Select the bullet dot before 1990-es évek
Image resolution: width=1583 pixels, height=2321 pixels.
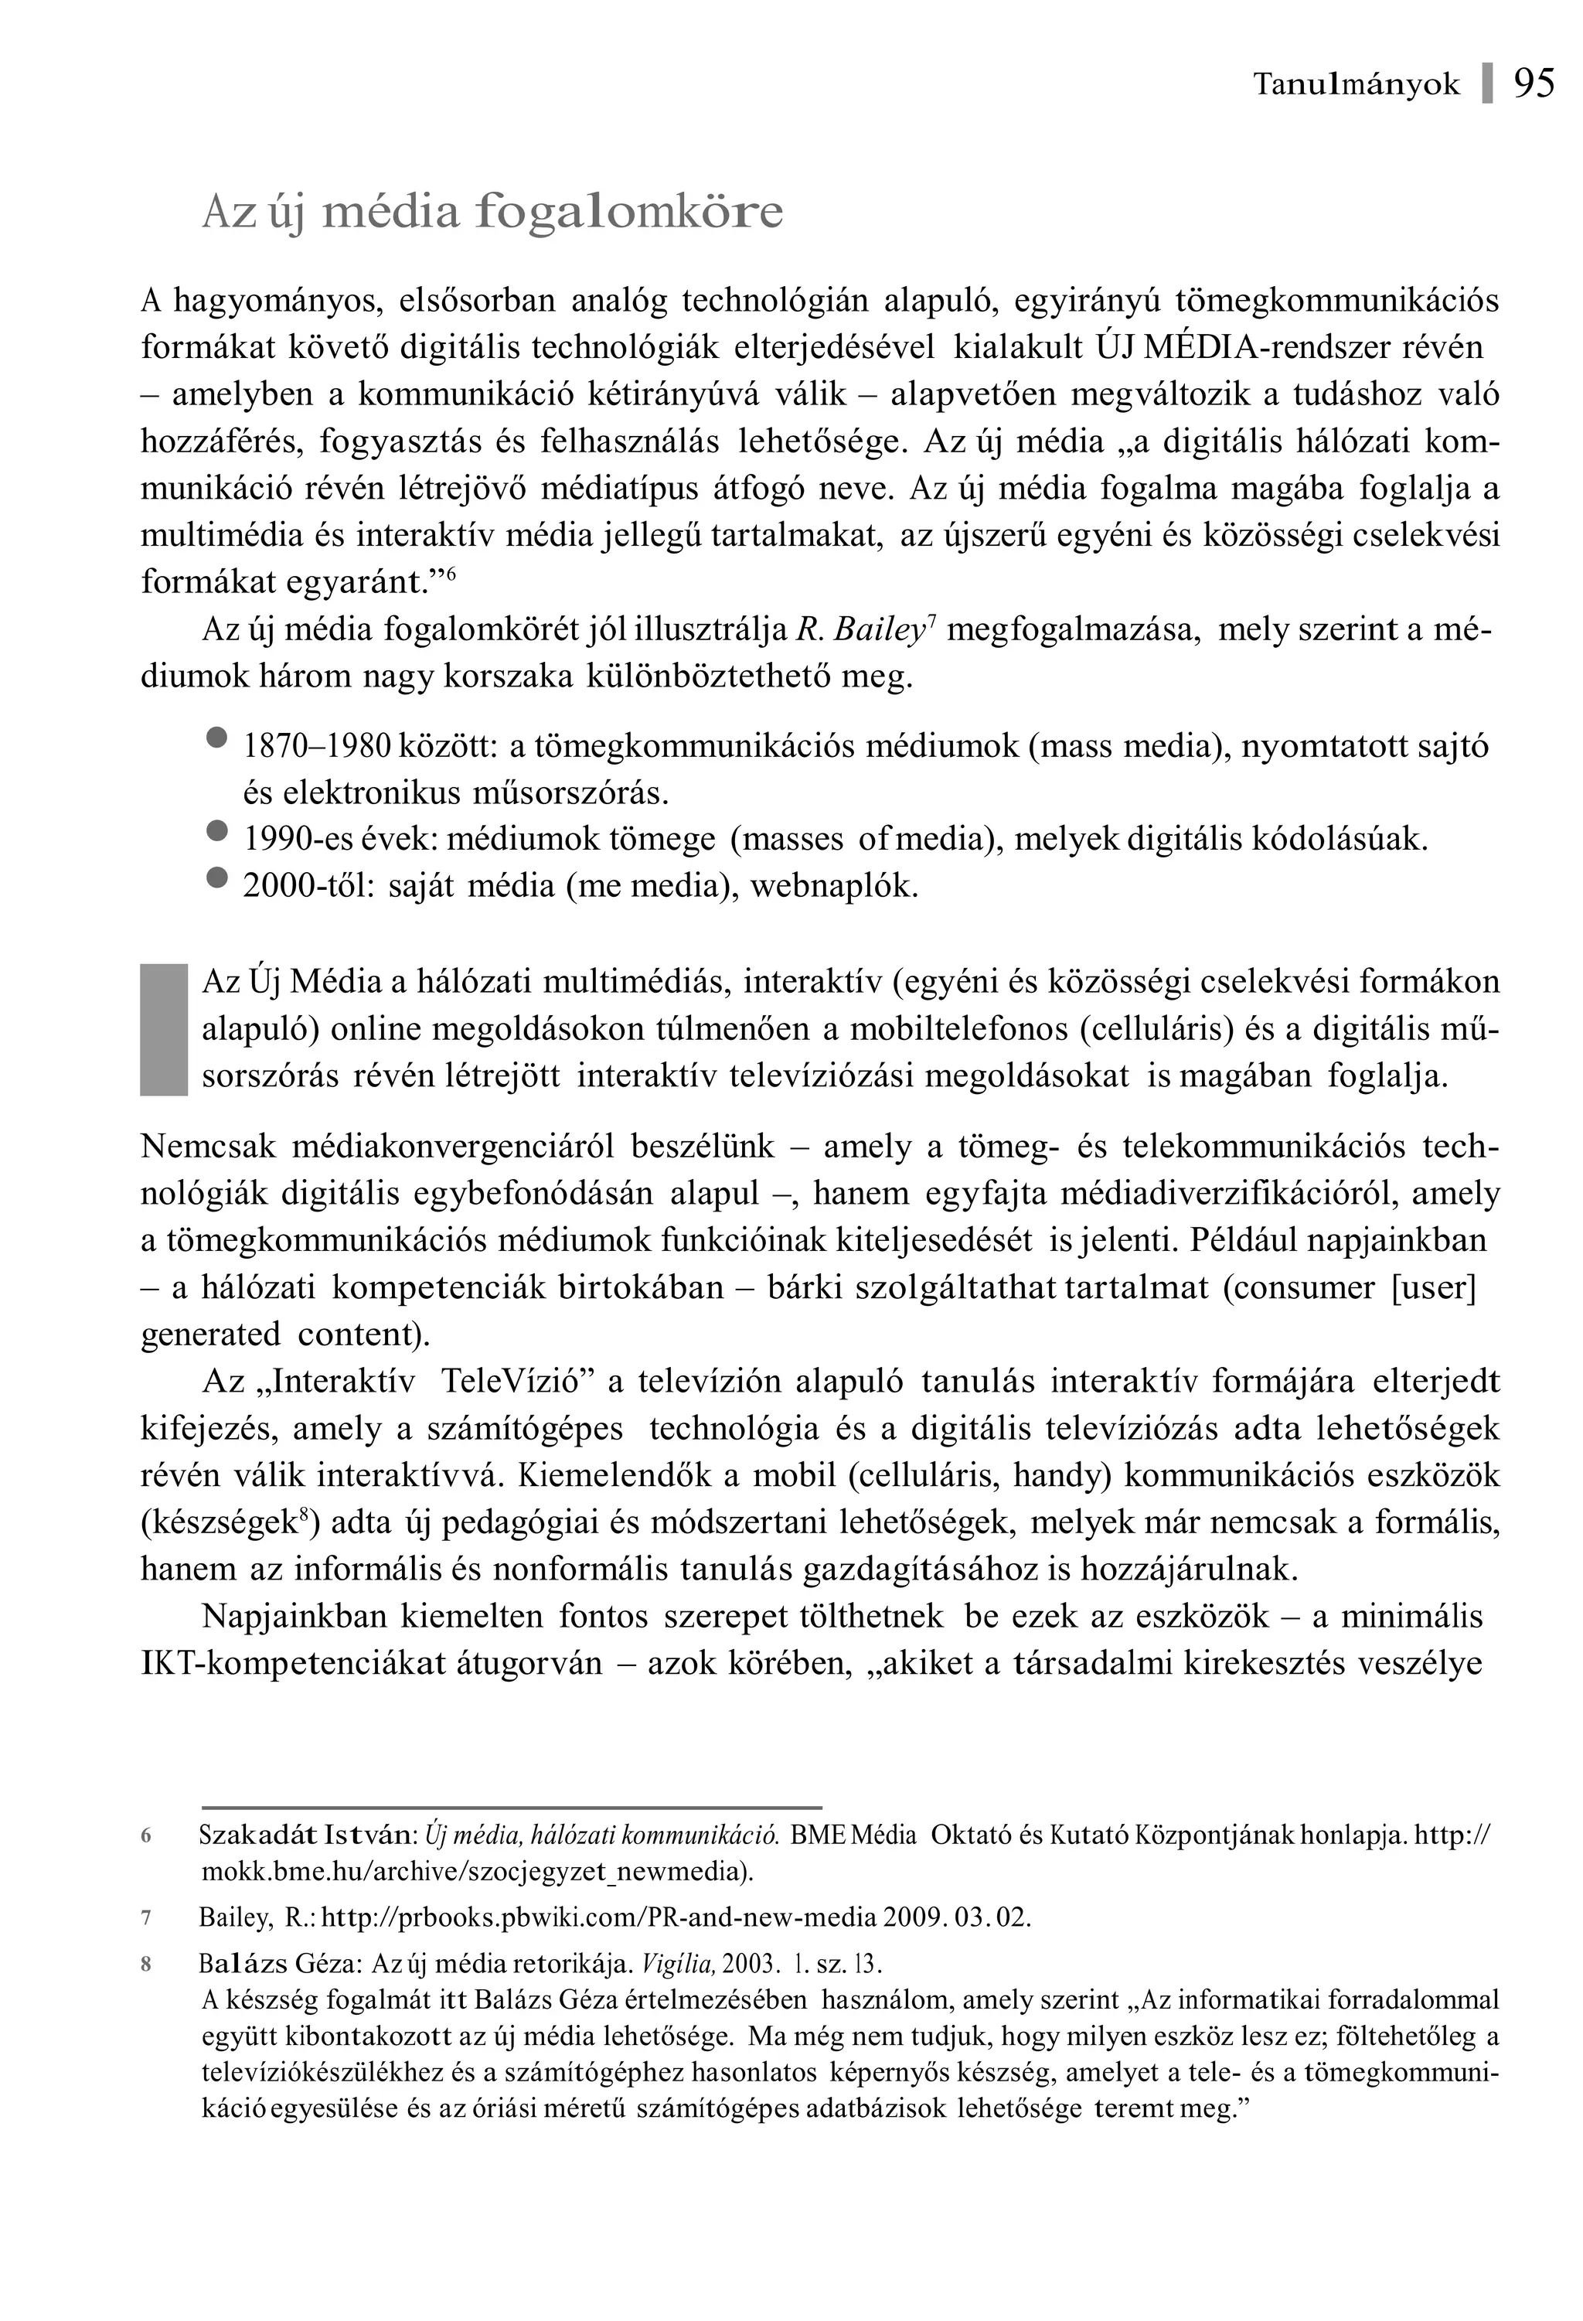click(x=216, y=831)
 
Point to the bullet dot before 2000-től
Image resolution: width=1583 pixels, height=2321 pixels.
click(x=216, y=878)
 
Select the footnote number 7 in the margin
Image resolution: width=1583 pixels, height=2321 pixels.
click(x=146, y=1917)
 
